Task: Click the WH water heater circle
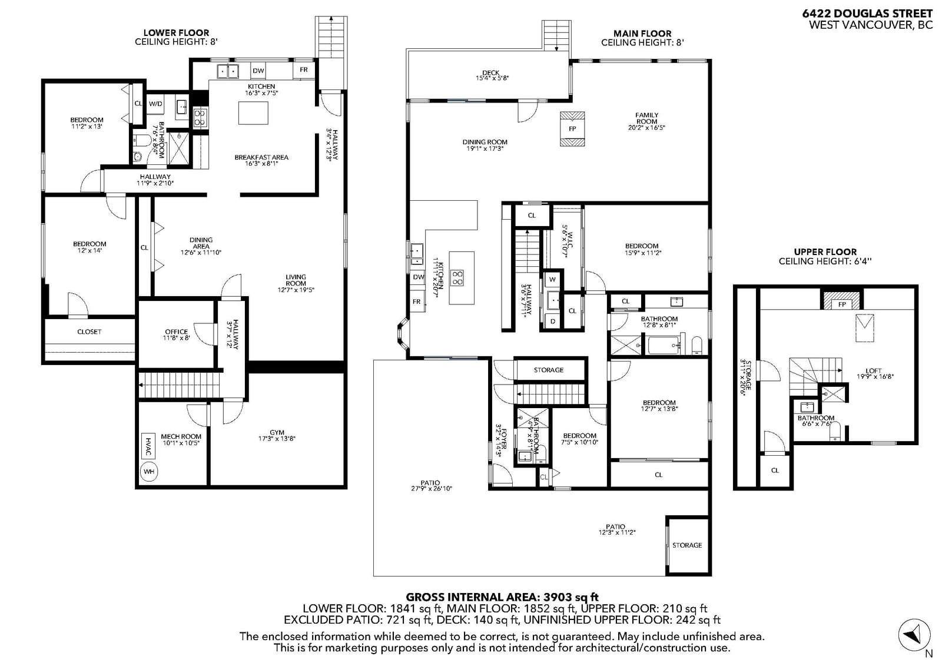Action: pos(149,472)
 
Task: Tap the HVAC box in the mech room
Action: pos(148,446)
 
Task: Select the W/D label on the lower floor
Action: pos(155,104)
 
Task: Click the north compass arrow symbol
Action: pos(915,634)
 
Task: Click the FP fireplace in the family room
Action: pos(572,129)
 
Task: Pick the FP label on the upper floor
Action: pos(842,304)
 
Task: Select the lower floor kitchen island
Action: pos(253,112)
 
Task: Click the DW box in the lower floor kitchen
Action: pos(258,71)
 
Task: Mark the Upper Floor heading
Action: pos(825,252)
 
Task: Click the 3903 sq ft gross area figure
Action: pos(570,597)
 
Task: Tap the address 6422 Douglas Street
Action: pos(867,14)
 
